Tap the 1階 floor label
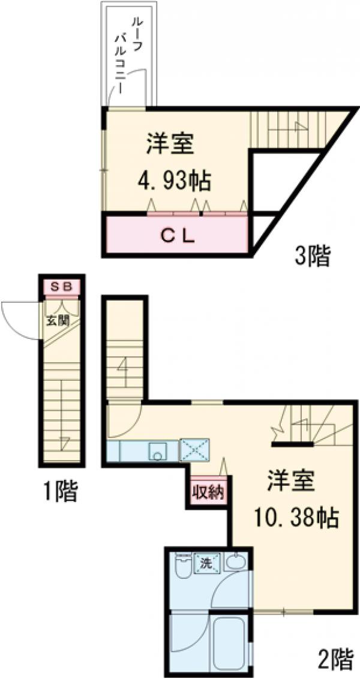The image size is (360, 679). click(60, 492)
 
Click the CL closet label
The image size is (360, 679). click(177, 236)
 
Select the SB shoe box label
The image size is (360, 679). click(62, 287)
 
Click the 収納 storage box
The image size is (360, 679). click(208, 492)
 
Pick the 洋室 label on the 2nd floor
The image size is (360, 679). click(291, 481)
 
